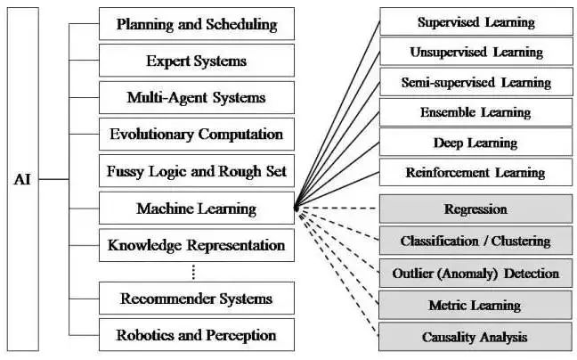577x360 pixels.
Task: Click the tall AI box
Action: (x=23, y=178)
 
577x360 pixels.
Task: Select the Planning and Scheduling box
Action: (x=196, y=24)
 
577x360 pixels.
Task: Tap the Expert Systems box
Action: (x=196, y=61)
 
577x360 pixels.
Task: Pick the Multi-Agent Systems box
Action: (x=196, y=98)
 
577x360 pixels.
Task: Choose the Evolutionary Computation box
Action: (x=196, y=135)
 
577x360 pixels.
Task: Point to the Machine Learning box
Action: (x=196, y=209)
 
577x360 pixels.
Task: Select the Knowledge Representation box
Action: (x=196, y=245)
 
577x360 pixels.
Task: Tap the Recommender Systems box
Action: (x=196, y=299)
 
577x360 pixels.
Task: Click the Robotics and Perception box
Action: (x=196, y=336)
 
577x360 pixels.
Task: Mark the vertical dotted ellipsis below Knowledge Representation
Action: (x=195, y=272)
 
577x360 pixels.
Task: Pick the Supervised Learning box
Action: (x=475, y=22)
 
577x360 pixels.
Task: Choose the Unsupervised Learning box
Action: (x=475, y=53)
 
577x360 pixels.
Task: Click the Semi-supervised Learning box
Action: (x=475, y=83)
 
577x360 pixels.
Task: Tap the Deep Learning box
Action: (x=475, y=143)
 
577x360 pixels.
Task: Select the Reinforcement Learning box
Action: (x=475, y=173)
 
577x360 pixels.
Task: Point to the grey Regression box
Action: (x=475, y=210)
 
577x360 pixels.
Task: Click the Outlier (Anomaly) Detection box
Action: (x=475, y=274)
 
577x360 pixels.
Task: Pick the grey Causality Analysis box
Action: (x=475, y=337)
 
